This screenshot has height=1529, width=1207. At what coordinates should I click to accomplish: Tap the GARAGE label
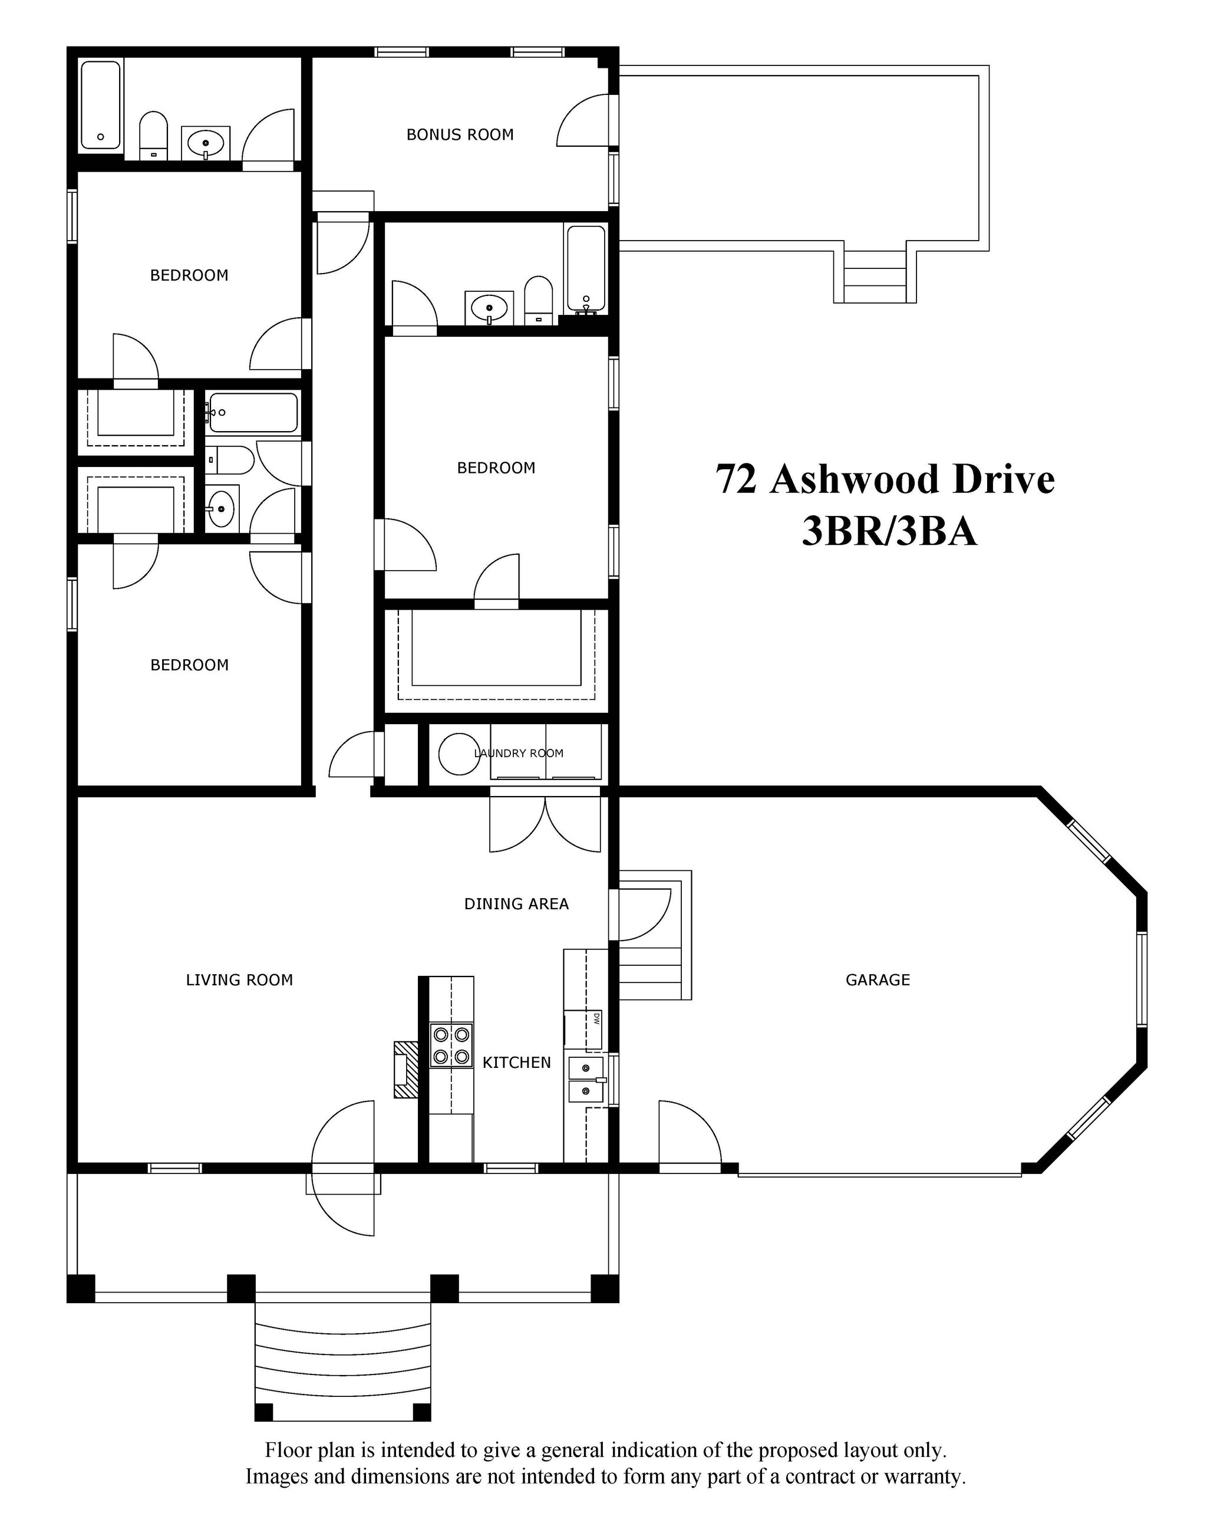[x=878, y=980]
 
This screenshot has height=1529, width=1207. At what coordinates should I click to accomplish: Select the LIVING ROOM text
[x=239, y=980]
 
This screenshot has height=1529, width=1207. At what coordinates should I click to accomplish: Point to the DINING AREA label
[x=516, y=903]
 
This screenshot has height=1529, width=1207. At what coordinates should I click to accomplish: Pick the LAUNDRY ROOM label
[x=519, y=754]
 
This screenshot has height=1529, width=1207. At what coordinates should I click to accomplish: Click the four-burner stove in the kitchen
[x=451, y=1045]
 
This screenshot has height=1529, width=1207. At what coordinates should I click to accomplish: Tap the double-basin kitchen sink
[x=586, y=1080]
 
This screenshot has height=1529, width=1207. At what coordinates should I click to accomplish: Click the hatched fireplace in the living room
[x=405, y=1069]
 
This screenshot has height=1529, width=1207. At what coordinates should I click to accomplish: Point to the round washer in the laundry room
[x=459, y=754]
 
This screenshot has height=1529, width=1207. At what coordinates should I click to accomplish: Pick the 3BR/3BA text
[x=889, y=531]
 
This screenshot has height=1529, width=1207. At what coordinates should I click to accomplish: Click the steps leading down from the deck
[x=875, y=276]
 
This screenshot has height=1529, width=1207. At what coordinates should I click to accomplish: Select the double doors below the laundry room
[x=546, y=824]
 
